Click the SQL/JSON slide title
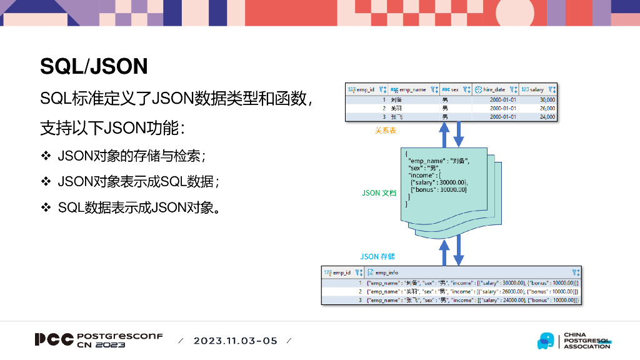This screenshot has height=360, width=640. pyautogui.click(x=94, y=66)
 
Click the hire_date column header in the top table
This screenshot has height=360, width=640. pyautogui.click(x=493, y=89)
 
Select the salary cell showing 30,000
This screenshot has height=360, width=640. pyautogui.click(x=547, y=99)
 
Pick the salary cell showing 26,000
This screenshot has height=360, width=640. pyautogui.click(x=547, y=108)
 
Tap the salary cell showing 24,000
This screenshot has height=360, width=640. pyautogui.click(x=547, y=117)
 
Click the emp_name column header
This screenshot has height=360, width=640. pyautogui.click(x=412, y=89)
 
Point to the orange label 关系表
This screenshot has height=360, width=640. pyautogui.click(x=385, y=131)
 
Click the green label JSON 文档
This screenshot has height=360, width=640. pyautogui.click(x=379, y=193)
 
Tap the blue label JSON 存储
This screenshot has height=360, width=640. pyautogui.click(x=377, y=257)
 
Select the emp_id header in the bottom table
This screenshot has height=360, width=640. pyautogui.click(x=341, y=272)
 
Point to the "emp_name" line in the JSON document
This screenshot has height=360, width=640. pyautogui.click(x=437, y=161)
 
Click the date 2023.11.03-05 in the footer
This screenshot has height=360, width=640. pyautogui.click(x=235, y=341)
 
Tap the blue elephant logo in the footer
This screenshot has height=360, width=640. pyautogui.click(x=546, y=341)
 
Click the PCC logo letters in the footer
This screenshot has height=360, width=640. pyautogui.click(x=54, y=340)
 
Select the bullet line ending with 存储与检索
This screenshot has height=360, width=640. pyautogui.click(x=131, y=156)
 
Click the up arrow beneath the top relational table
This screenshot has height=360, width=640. pyautogui.click(x=444, y=134)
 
